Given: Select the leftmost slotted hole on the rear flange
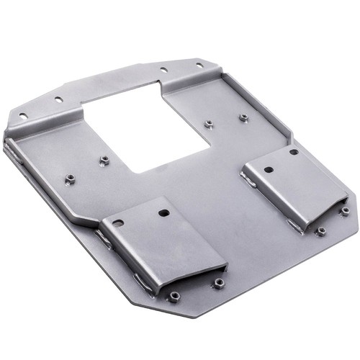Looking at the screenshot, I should coord(23,115).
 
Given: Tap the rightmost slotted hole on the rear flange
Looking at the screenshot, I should coord(199,66).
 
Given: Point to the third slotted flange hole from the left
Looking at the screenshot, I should coord(164,71).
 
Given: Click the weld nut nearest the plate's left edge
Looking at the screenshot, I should coord(71,179).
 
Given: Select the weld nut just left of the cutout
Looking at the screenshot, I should coord(104,160).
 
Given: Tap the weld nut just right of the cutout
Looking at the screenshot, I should coord(209,124).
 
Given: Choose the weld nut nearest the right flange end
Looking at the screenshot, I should coord(243,117).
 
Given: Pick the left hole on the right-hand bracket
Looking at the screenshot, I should coord(268,171).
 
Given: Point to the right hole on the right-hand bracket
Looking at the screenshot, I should coord(294,152).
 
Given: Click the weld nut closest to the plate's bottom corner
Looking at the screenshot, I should coord(174,296).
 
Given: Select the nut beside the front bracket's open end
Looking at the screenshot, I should coord(216,284).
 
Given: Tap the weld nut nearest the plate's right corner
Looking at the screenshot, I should coord(345,211).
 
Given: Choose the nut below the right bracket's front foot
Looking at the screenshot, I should coord(321,231).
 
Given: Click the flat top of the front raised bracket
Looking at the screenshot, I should coord(158,238).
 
